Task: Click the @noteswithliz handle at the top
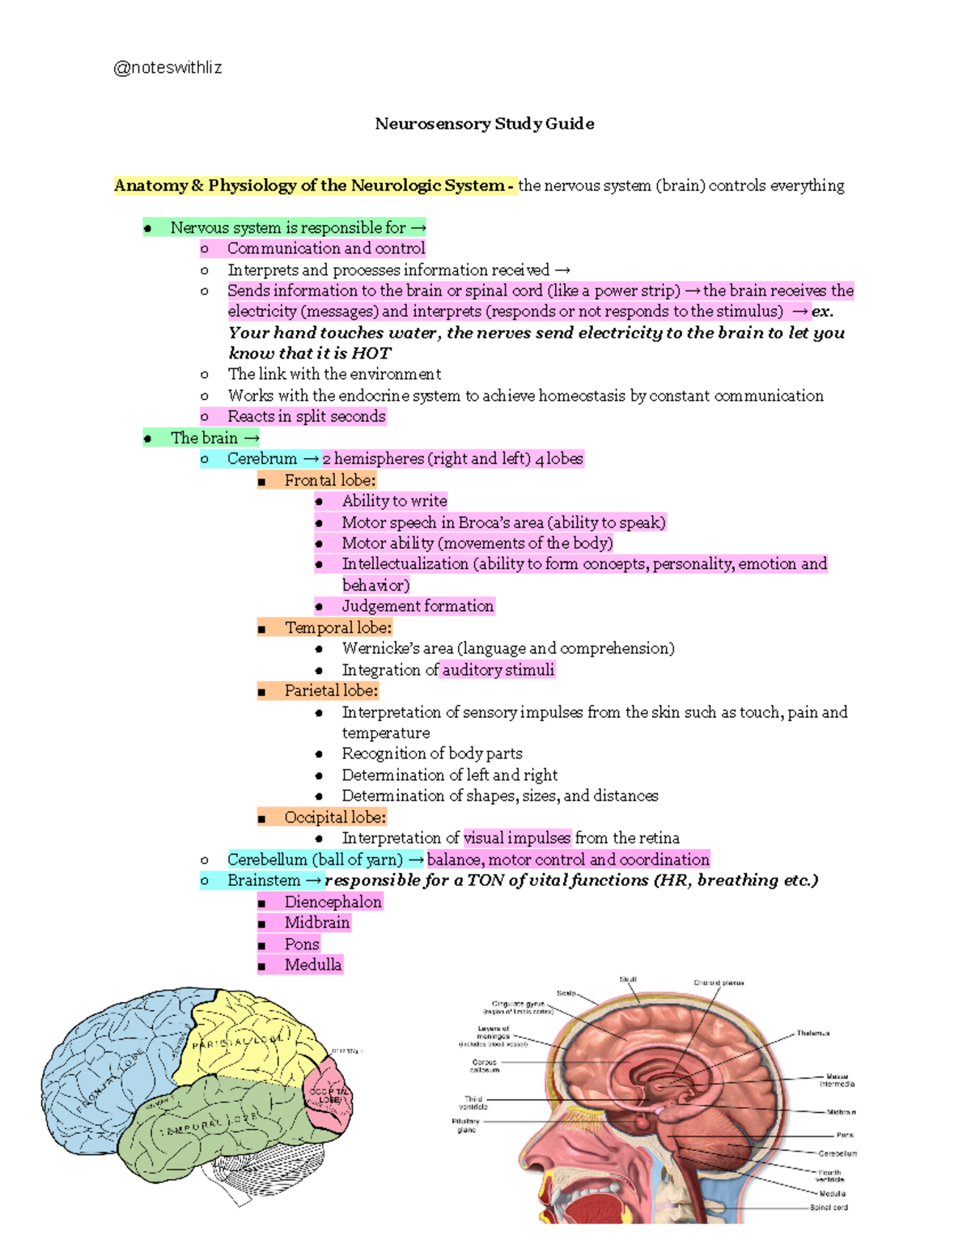[167, 68]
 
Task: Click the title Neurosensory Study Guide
[485, 124]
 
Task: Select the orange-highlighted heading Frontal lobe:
[329, 480]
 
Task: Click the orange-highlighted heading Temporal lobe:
[337, 627]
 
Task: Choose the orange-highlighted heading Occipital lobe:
[334, 817]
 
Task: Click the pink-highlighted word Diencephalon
[333, 902]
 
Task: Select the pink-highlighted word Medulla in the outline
[312, 965]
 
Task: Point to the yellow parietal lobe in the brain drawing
[243, 1040]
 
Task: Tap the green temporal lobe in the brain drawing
[210, 1125]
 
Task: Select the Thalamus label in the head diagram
[812, 1033]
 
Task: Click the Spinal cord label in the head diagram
[829, 1208]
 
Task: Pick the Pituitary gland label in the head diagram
[466, 1125]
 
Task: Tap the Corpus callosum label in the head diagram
[485, 1066]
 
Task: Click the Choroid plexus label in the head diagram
[719, 983]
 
